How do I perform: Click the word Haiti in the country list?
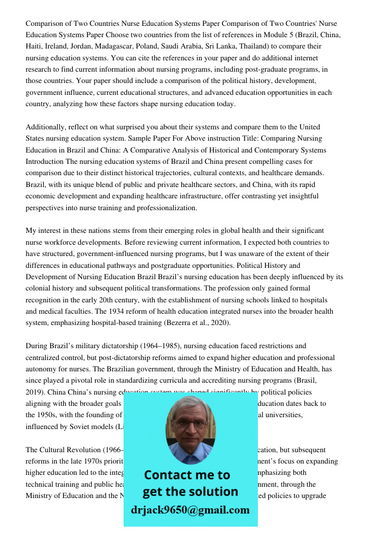(x=34, y=47)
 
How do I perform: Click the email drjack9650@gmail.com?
(x=190, y=510)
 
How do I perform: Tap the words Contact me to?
(x=187, y=475)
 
